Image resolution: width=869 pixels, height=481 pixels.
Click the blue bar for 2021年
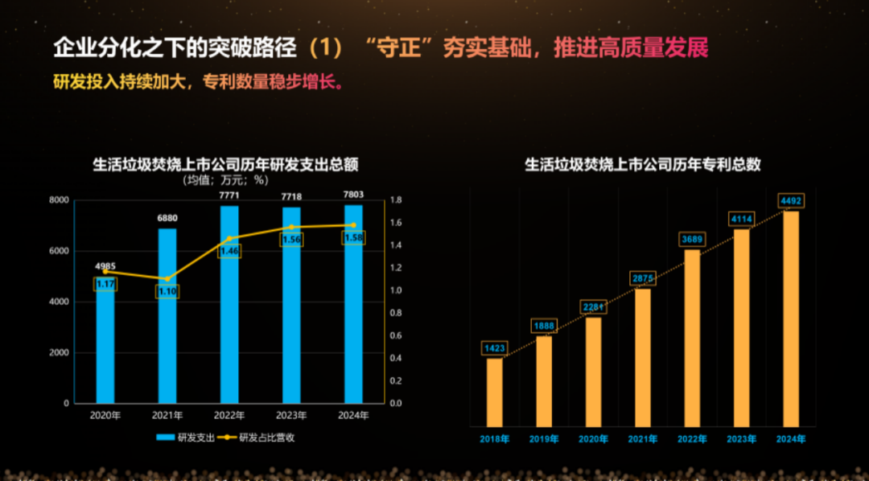167,338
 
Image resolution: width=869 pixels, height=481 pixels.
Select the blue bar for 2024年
353,322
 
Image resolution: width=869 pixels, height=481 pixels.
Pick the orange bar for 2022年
693,338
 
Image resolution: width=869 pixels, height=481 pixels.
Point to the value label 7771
229,195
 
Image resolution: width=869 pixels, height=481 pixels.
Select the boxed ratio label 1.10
167,291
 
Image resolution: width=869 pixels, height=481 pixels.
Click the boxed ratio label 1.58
353,238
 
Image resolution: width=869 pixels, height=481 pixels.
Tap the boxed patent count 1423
495,348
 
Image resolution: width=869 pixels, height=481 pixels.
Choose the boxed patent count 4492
792,201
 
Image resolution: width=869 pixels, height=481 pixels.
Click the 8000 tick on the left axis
59,200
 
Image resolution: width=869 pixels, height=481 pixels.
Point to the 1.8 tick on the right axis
395,200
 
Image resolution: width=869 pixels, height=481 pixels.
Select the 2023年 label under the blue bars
291,416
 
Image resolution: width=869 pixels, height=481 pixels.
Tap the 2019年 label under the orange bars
545,439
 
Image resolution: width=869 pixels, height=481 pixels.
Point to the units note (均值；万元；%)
224,180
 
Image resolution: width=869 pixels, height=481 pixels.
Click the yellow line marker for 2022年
229,238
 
